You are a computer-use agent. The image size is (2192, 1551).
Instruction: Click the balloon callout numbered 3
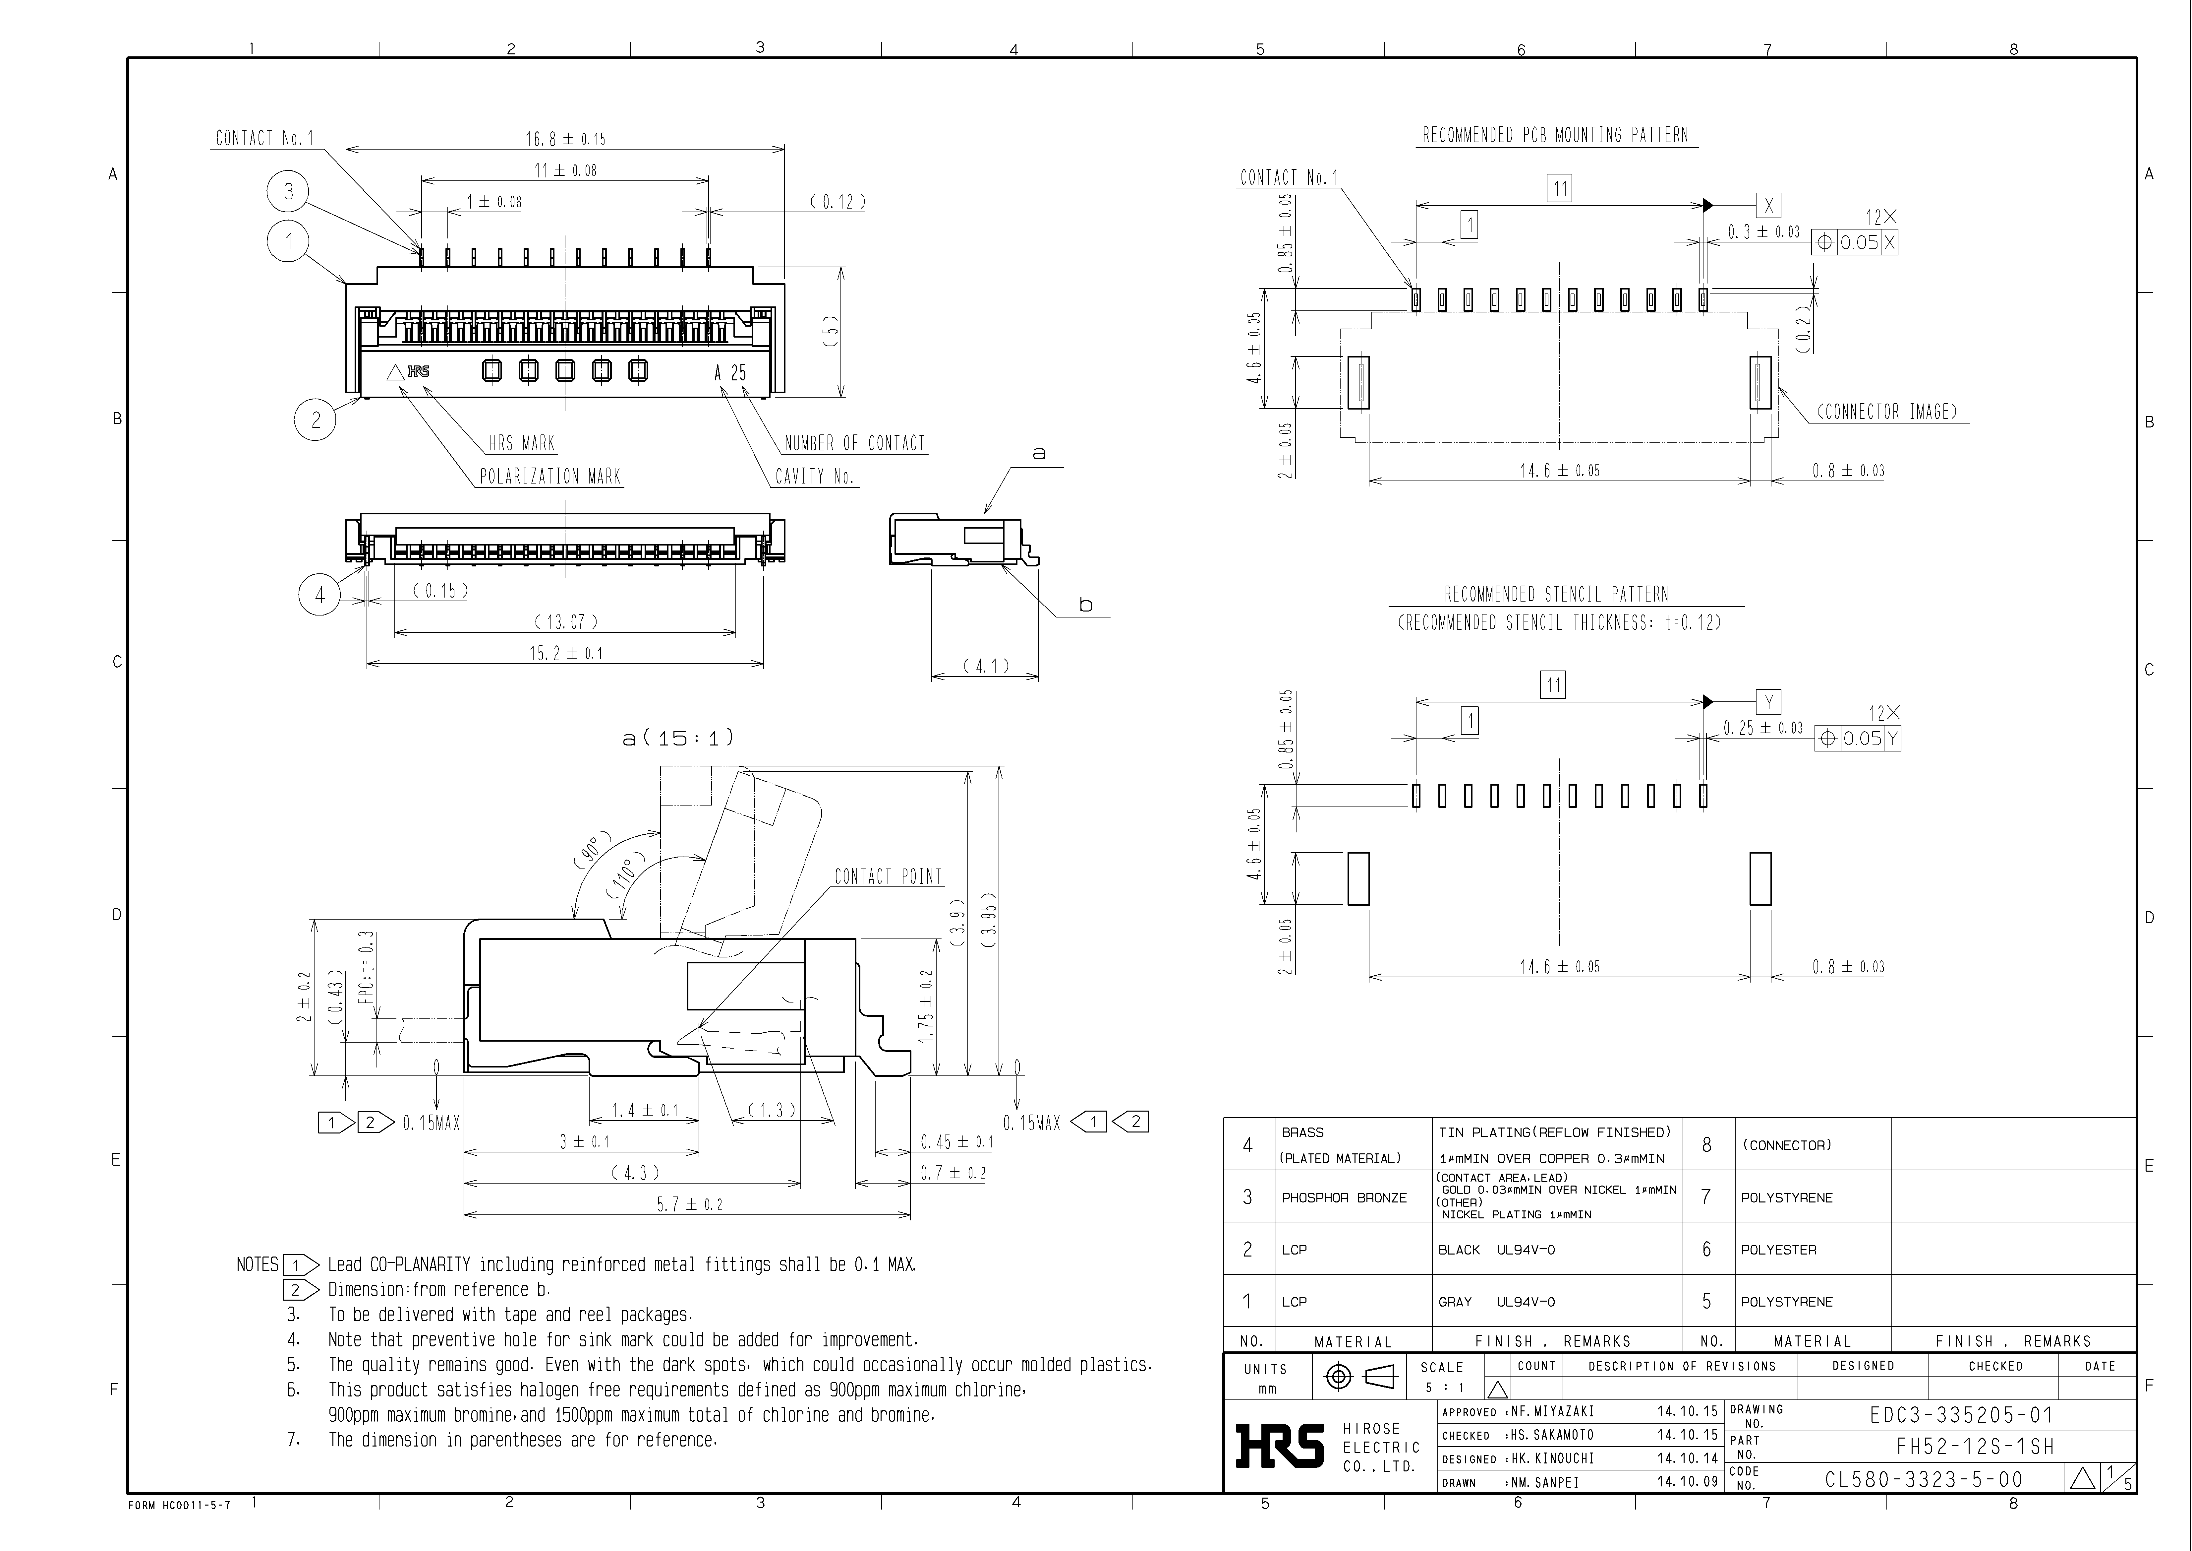click(x=288, y=192)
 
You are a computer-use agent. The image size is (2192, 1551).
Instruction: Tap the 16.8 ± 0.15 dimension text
click(x=564, y=139)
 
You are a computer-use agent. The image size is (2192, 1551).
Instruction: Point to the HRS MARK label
click(x=521, y=443)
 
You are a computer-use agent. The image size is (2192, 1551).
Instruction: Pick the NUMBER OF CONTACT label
click(x=854, y=443)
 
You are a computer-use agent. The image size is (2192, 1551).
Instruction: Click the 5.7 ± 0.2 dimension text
click(x=688, y=1204)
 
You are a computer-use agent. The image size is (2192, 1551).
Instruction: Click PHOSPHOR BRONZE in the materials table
click(x=1343, y=1197)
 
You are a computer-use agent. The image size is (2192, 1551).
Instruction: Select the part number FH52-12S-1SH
click(x=1974, y=1447)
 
